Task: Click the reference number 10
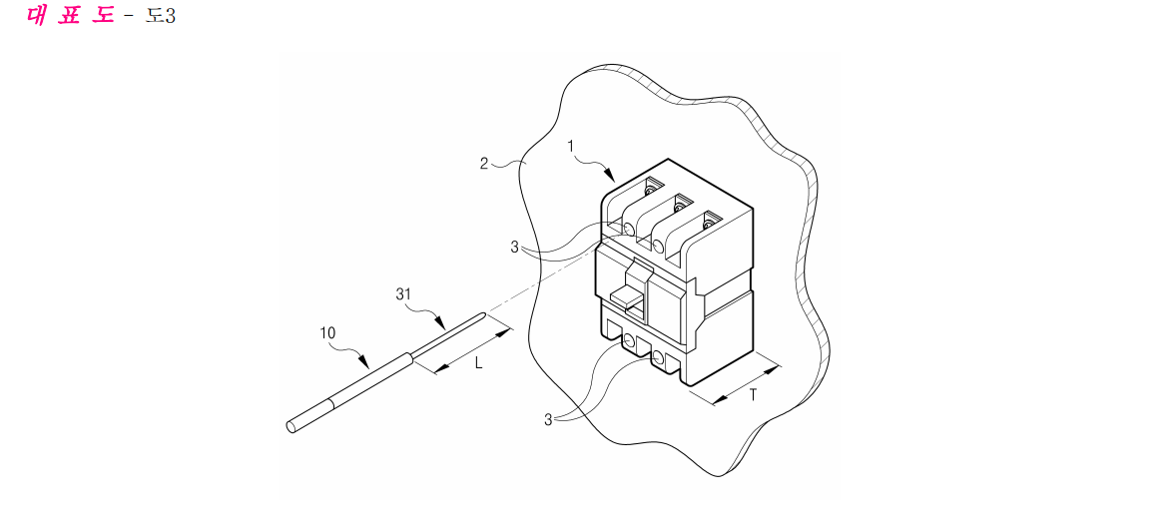327,333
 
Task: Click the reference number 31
403,293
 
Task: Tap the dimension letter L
479,363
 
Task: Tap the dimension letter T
753,395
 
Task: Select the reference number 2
483,163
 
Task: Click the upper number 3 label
514,248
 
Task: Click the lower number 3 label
549,419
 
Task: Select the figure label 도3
160,16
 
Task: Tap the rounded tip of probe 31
484,315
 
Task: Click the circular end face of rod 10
290,426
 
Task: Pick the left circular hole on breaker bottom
630,341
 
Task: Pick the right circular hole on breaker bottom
658,359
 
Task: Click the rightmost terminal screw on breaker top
708,220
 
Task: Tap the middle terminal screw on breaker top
679,205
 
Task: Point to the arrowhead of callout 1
610,177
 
